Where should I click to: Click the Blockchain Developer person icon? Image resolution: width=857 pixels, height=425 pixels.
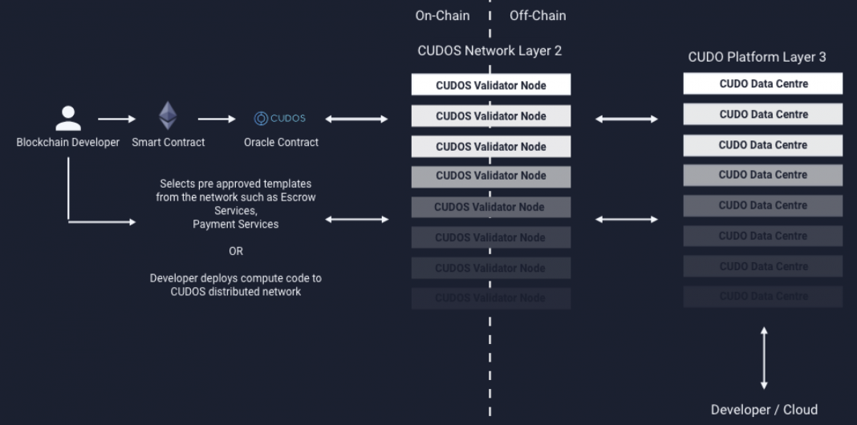click(68, 117)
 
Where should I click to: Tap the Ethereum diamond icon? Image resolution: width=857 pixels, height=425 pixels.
click(168, 116)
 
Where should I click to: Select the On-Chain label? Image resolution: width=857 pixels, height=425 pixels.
click(442, 15)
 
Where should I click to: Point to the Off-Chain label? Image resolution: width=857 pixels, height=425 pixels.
click(538, 15)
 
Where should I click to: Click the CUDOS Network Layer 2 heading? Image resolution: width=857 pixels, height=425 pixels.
click(489, 51)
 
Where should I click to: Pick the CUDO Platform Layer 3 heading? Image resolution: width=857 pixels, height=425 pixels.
click(757, 57)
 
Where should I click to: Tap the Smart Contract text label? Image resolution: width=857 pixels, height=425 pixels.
click(169, 143)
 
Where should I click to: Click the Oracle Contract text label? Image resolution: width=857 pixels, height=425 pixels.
click(281, 143)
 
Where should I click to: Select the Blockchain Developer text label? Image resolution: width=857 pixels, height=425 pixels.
click(68, 143)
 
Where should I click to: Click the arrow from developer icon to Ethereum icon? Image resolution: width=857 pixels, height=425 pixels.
click(117, 119)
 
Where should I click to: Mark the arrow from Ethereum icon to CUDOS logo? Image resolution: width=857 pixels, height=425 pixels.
click(217, 119)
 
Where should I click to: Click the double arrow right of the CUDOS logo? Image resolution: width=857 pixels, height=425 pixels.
click(356, 119)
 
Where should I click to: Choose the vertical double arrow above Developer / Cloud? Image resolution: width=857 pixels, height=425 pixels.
click(764, 358)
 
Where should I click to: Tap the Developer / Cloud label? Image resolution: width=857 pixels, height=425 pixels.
click(764, 410)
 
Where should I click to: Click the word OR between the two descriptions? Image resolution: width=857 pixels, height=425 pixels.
click(235, 251)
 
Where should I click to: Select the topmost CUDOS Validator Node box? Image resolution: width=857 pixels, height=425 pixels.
click(490, 85)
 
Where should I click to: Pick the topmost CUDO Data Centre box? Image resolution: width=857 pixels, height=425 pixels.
click(762, 83)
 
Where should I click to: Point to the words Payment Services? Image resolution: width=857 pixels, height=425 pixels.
click(235, 225)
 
